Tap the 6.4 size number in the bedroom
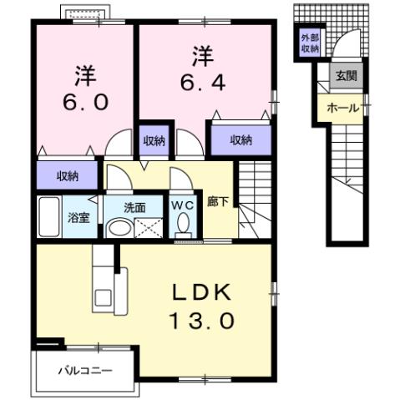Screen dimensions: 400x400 pyautogui.click(x=201, y=82)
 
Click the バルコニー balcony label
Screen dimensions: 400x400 pyautogui.click(x=84, y=369)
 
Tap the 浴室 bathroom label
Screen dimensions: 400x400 pyautogui.click(x=79, y=218)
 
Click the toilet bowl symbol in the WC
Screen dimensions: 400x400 pyautogui.click(x=183, y=224)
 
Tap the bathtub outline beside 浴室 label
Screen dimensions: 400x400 pyautogui.click(x=49, y=217)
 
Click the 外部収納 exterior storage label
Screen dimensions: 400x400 pyautogui.click(x=309, y=43)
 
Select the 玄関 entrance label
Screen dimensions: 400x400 pyautogui.click(x=347, y=76)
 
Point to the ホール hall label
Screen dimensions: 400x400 pyautogui.click(x=342, y=109)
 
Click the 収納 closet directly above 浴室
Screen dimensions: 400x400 pyautogui.click(x=67, y=175)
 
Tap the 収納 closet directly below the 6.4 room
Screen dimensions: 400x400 pyautogui.click(x=240, y=139)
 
